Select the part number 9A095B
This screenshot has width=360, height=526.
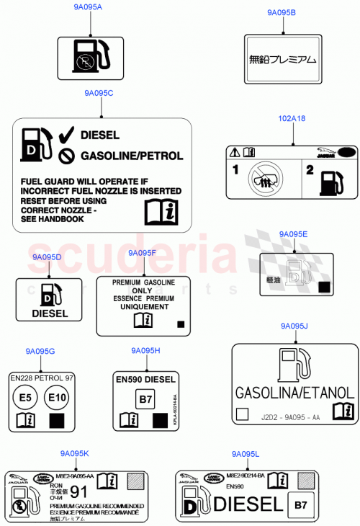click(281, 12)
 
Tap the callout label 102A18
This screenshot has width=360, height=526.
click(292, 118)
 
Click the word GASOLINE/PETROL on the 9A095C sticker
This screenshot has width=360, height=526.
click(132, 156)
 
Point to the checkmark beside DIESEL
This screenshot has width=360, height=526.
click(66, 135)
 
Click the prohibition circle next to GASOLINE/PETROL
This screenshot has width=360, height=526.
click(66, 156)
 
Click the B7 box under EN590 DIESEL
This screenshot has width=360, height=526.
click(146, 399)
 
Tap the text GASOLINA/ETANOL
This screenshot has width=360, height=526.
click(294, 393)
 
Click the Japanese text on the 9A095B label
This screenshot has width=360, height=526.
click(282, 61)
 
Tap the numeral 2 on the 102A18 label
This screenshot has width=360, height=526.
click(310, 171)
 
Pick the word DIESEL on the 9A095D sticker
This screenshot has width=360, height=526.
click(49, 313)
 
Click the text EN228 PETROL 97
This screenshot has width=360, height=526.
click(42, 377)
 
